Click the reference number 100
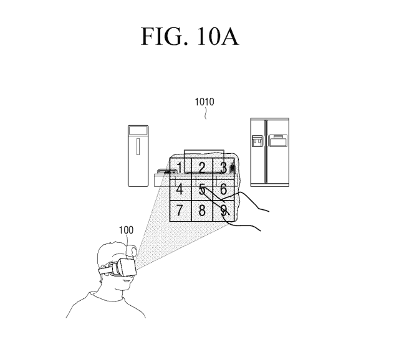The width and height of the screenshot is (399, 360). [x=126, y=230]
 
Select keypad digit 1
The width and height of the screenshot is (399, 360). [x=180, y=167]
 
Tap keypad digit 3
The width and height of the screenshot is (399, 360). [x=223, y=167]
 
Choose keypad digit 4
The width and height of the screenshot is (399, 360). [x=180, y=189]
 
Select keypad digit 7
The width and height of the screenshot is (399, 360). [x=180, y=210]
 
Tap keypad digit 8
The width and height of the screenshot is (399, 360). [x=201, y=210]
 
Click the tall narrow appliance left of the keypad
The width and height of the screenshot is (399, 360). [x=138, y=156]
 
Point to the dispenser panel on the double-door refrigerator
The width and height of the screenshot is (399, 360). [x=257, y=141]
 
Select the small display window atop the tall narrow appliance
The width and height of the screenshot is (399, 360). [x=138, y=131]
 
